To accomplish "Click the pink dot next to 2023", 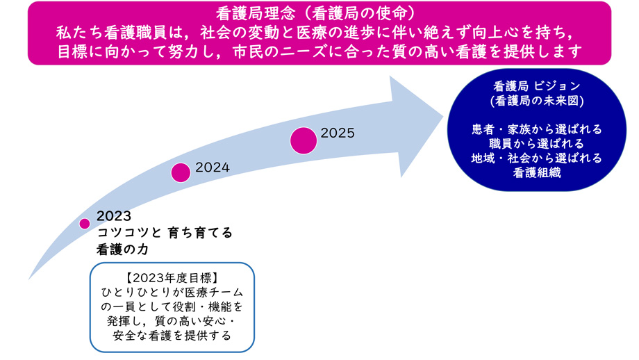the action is click(x=84, y=223).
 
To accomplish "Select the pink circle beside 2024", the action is click(x=181, y=172).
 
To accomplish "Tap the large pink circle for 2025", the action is click(x=304, y=140).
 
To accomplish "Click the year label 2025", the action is click(x=338, y=133).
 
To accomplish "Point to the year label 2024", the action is click(x=213, y=167).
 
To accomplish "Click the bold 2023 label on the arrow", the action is click(x=114, y=215).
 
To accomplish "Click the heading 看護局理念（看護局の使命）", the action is click(x=315, y=13).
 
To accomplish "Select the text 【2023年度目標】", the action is click(x=172, y=278).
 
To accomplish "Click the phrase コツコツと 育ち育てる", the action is click(x=165, y=233).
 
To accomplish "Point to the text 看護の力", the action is click(x=122, y=249).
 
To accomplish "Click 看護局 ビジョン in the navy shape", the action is click(x=537, y=86).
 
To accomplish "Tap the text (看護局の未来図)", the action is click(x=537, y=101).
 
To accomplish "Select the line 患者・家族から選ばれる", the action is click(x=537, y=129).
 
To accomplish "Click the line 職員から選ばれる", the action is click(x=536, y=143).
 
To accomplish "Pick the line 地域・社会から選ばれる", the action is click(x=537, y=158).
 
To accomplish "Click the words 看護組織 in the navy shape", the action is click(x=537, y=173).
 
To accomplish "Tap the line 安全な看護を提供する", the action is click(x=172, y=336).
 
